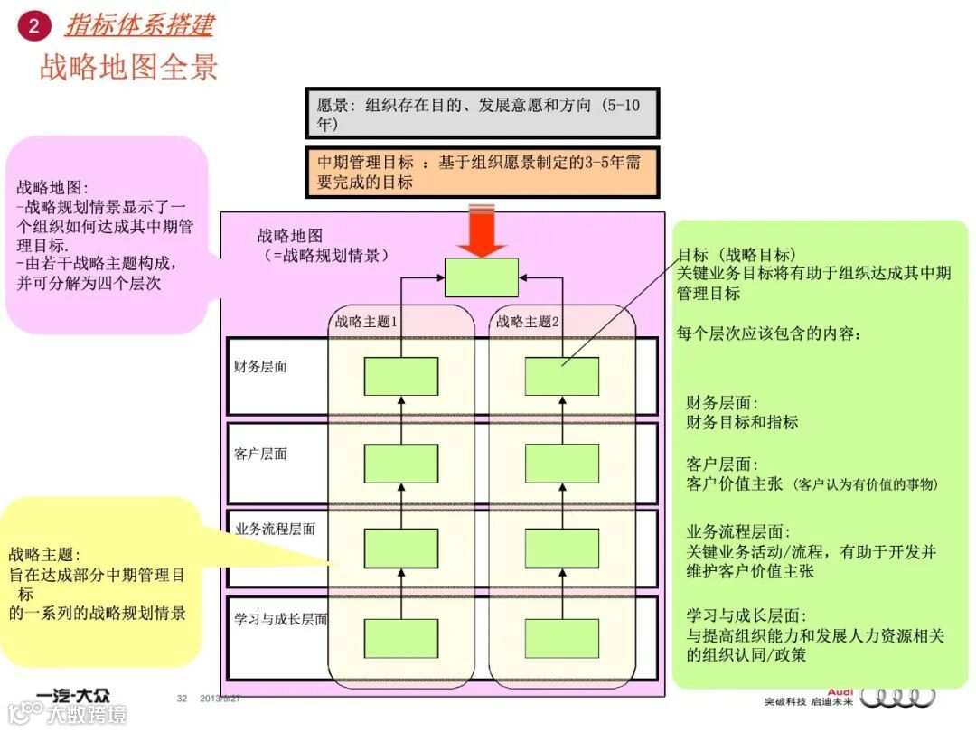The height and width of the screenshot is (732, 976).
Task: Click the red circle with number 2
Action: tap(33, 25)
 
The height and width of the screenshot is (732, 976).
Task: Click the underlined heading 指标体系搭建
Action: tap(139, 24)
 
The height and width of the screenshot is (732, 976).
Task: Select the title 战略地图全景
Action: tap(128, 68)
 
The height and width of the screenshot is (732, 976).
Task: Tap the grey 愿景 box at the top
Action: tap(482, 113)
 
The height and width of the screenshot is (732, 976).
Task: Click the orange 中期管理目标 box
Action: tap(482, 172)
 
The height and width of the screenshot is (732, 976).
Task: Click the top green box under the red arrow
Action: tap(482, 277)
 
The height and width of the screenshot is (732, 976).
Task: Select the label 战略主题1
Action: tap(367, 321)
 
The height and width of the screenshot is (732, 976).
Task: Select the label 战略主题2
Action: tap(528, 321)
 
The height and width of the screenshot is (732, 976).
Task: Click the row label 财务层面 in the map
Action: tap(260, 368)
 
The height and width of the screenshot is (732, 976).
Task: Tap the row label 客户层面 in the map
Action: tap(260, 454)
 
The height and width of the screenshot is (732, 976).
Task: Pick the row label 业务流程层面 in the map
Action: tap(275, 529)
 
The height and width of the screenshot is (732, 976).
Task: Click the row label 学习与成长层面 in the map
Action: tap(280, 619)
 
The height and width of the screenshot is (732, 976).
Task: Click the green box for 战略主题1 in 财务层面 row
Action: tap(401, 376)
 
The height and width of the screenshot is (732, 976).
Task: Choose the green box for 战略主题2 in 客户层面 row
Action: tap(562, 463)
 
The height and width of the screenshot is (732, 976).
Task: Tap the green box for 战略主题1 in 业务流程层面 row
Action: tap(401, 549)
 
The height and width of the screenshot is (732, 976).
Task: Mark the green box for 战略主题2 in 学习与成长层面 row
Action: tap(562, 638)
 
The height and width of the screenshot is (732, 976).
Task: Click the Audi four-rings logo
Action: tap(897, 697)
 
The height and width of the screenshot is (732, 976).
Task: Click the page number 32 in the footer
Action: tap(182, 699)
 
